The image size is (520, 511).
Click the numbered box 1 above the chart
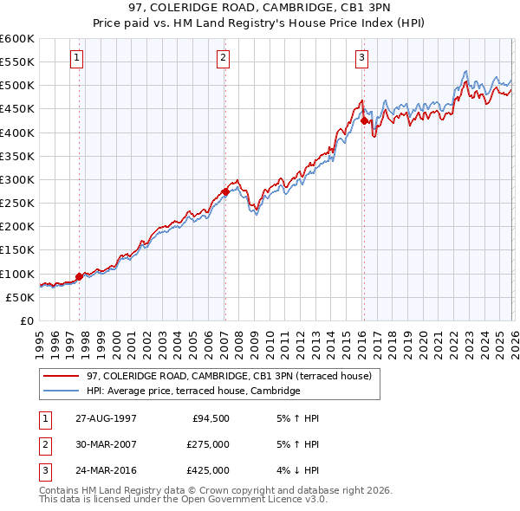tap(76, 58)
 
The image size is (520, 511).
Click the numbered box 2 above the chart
tap(223, 58)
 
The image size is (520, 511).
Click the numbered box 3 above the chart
tap(361, 58)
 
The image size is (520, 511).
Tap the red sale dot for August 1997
tap(80, 277)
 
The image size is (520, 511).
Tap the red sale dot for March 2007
tap(225, 191)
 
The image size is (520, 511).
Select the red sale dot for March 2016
tap(364, 121)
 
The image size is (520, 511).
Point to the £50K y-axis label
tap(21, 297)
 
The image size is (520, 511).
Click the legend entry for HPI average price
tap(193, 391)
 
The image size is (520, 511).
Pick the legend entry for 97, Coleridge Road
tap(229, 376)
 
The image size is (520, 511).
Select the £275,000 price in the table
tap(208, 444)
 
